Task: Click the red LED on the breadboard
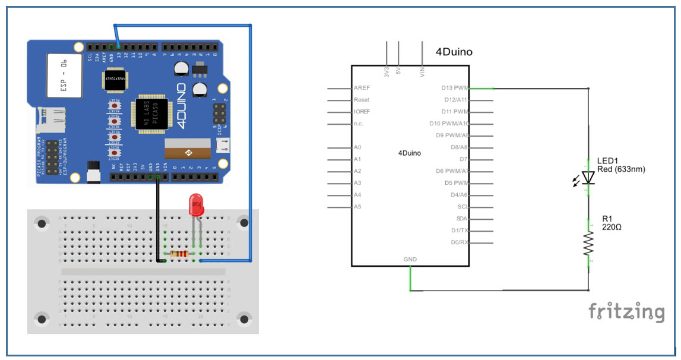[197, 204]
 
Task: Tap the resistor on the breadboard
[179, 254]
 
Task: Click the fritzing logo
[626, 311]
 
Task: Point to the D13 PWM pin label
[455, 88]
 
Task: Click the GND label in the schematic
[410, 260]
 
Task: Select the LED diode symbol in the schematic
[588, 177]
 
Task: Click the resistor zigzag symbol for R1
[588, 244]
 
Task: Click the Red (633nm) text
[622, 169]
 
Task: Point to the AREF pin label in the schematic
[362, 88]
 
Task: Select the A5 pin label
[357, 207]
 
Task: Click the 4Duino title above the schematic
[454, 52]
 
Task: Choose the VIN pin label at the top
[422, 71]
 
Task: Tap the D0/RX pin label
[460, 242]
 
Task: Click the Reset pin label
[361, 100]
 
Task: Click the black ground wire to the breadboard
[157, 220]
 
